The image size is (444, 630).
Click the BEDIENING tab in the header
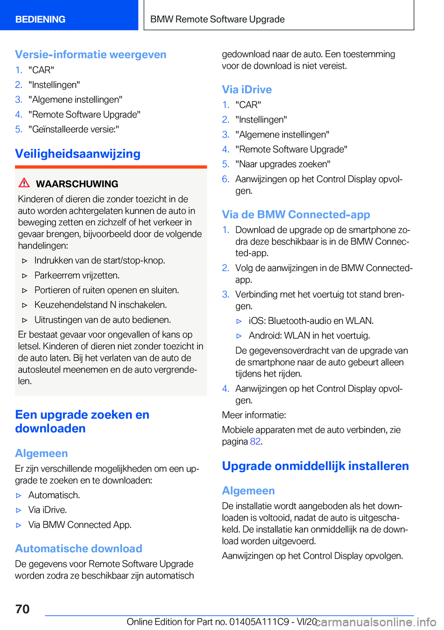[x=40, y=19]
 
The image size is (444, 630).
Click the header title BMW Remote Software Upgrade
[x=217, y=19]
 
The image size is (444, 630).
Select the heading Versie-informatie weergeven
[x=91, y=55]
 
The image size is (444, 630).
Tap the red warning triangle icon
[x=24, y=183]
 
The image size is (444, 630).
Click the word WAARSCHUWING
[x=77, y=184]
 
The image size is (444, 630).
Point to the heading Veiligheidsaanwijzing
[x=78, y=154]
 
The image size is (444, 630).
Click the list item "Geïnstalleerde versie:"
[x=74, y=129]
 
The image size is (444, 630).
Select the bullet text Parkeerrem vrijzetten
[x=77, y=275]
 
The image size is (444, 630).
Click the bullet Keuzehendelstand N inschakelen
[x=100, y=305]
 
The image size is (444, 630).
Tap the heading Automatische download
[x=79, y=549]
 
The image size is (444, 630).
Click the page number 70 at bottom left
[x=22, y=609]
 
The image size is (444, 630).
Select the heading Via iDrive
[x=247, y=89]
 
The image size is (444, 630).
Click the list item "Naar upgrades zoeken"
[x=283, y=164]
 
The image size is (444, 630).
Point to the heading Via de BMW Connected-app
[x=296, y=215]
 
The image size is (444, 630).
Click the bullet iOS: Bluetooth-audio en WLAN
[x=311, y=321]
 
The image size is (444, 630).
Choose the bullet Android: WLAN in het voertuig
[x=309, y=335]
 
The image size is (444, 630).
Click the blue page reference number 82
[x=255, y=441]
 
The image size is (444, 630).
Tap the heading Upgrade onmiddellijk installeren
[x=315, y=466]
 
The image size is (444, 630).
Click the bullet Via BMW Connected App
[x=80, y=525]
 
